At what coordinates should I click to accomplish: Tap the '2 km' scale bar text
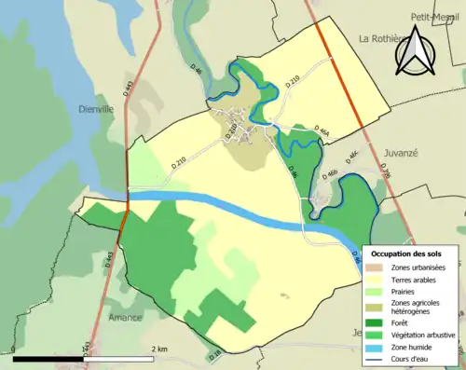point(161,349)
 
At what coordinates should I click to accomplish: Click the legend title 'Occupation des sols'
point(413,253)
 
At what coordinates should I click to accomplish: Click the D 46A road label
point(322,130)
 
